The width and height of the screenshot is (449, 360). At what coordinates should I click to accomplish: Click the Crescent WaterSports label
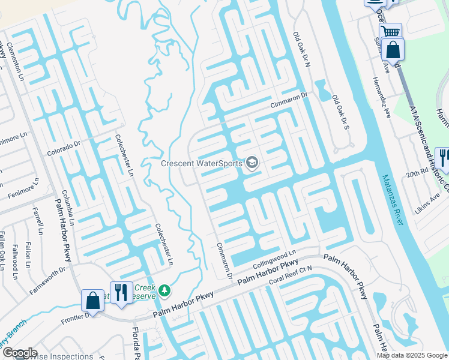tap(201, 163)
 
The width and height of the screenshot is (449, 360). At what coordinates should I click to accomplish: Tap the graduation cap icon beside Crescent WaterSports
tap(252, 163)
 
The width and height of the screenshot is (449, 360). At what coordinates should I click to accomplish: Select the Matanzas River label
tap(393, 200)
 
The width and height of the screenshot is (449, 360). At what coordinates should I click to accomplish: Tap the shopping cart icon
tap(391, 31)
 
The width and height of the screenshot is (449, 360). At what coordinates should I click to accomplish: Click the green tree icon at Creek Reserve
tap(164, 291)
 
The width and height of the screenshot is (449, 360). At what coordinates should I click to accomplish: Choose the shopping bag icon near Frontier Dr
tap(94, 300)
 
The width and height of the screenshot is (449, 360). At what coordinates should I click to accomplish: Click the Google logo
tap(19, 353)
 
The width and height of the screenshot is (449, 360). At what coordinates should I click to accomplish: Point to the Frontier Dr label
tap(74, 317)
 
